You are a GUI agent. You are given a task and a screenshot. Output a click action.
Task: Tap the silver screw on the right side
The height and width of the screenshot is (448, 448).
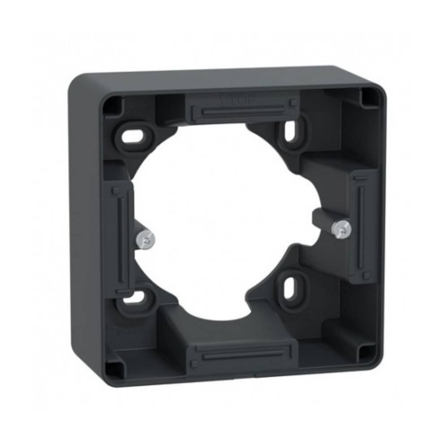pos(342,229)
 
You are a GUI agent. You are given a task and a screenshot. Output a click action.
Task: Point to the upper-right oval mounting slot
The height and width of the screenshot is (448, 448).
pos(290,130)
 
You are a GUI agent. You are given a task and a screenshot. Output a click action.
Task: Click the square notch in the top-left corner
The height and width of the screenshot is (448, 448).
pos(111,106)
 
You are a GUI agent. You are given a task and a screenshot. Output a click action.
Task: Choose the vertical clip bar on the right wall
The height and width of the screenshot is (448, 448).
pos(361,224)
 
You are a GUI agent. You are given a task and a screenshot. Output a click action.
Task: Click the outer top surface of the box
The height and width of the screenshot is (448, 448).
pos(224,77)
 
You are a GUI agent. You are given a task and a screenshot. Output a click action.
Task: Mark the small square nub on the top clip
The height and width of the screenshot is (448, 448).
pos(293,103)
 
